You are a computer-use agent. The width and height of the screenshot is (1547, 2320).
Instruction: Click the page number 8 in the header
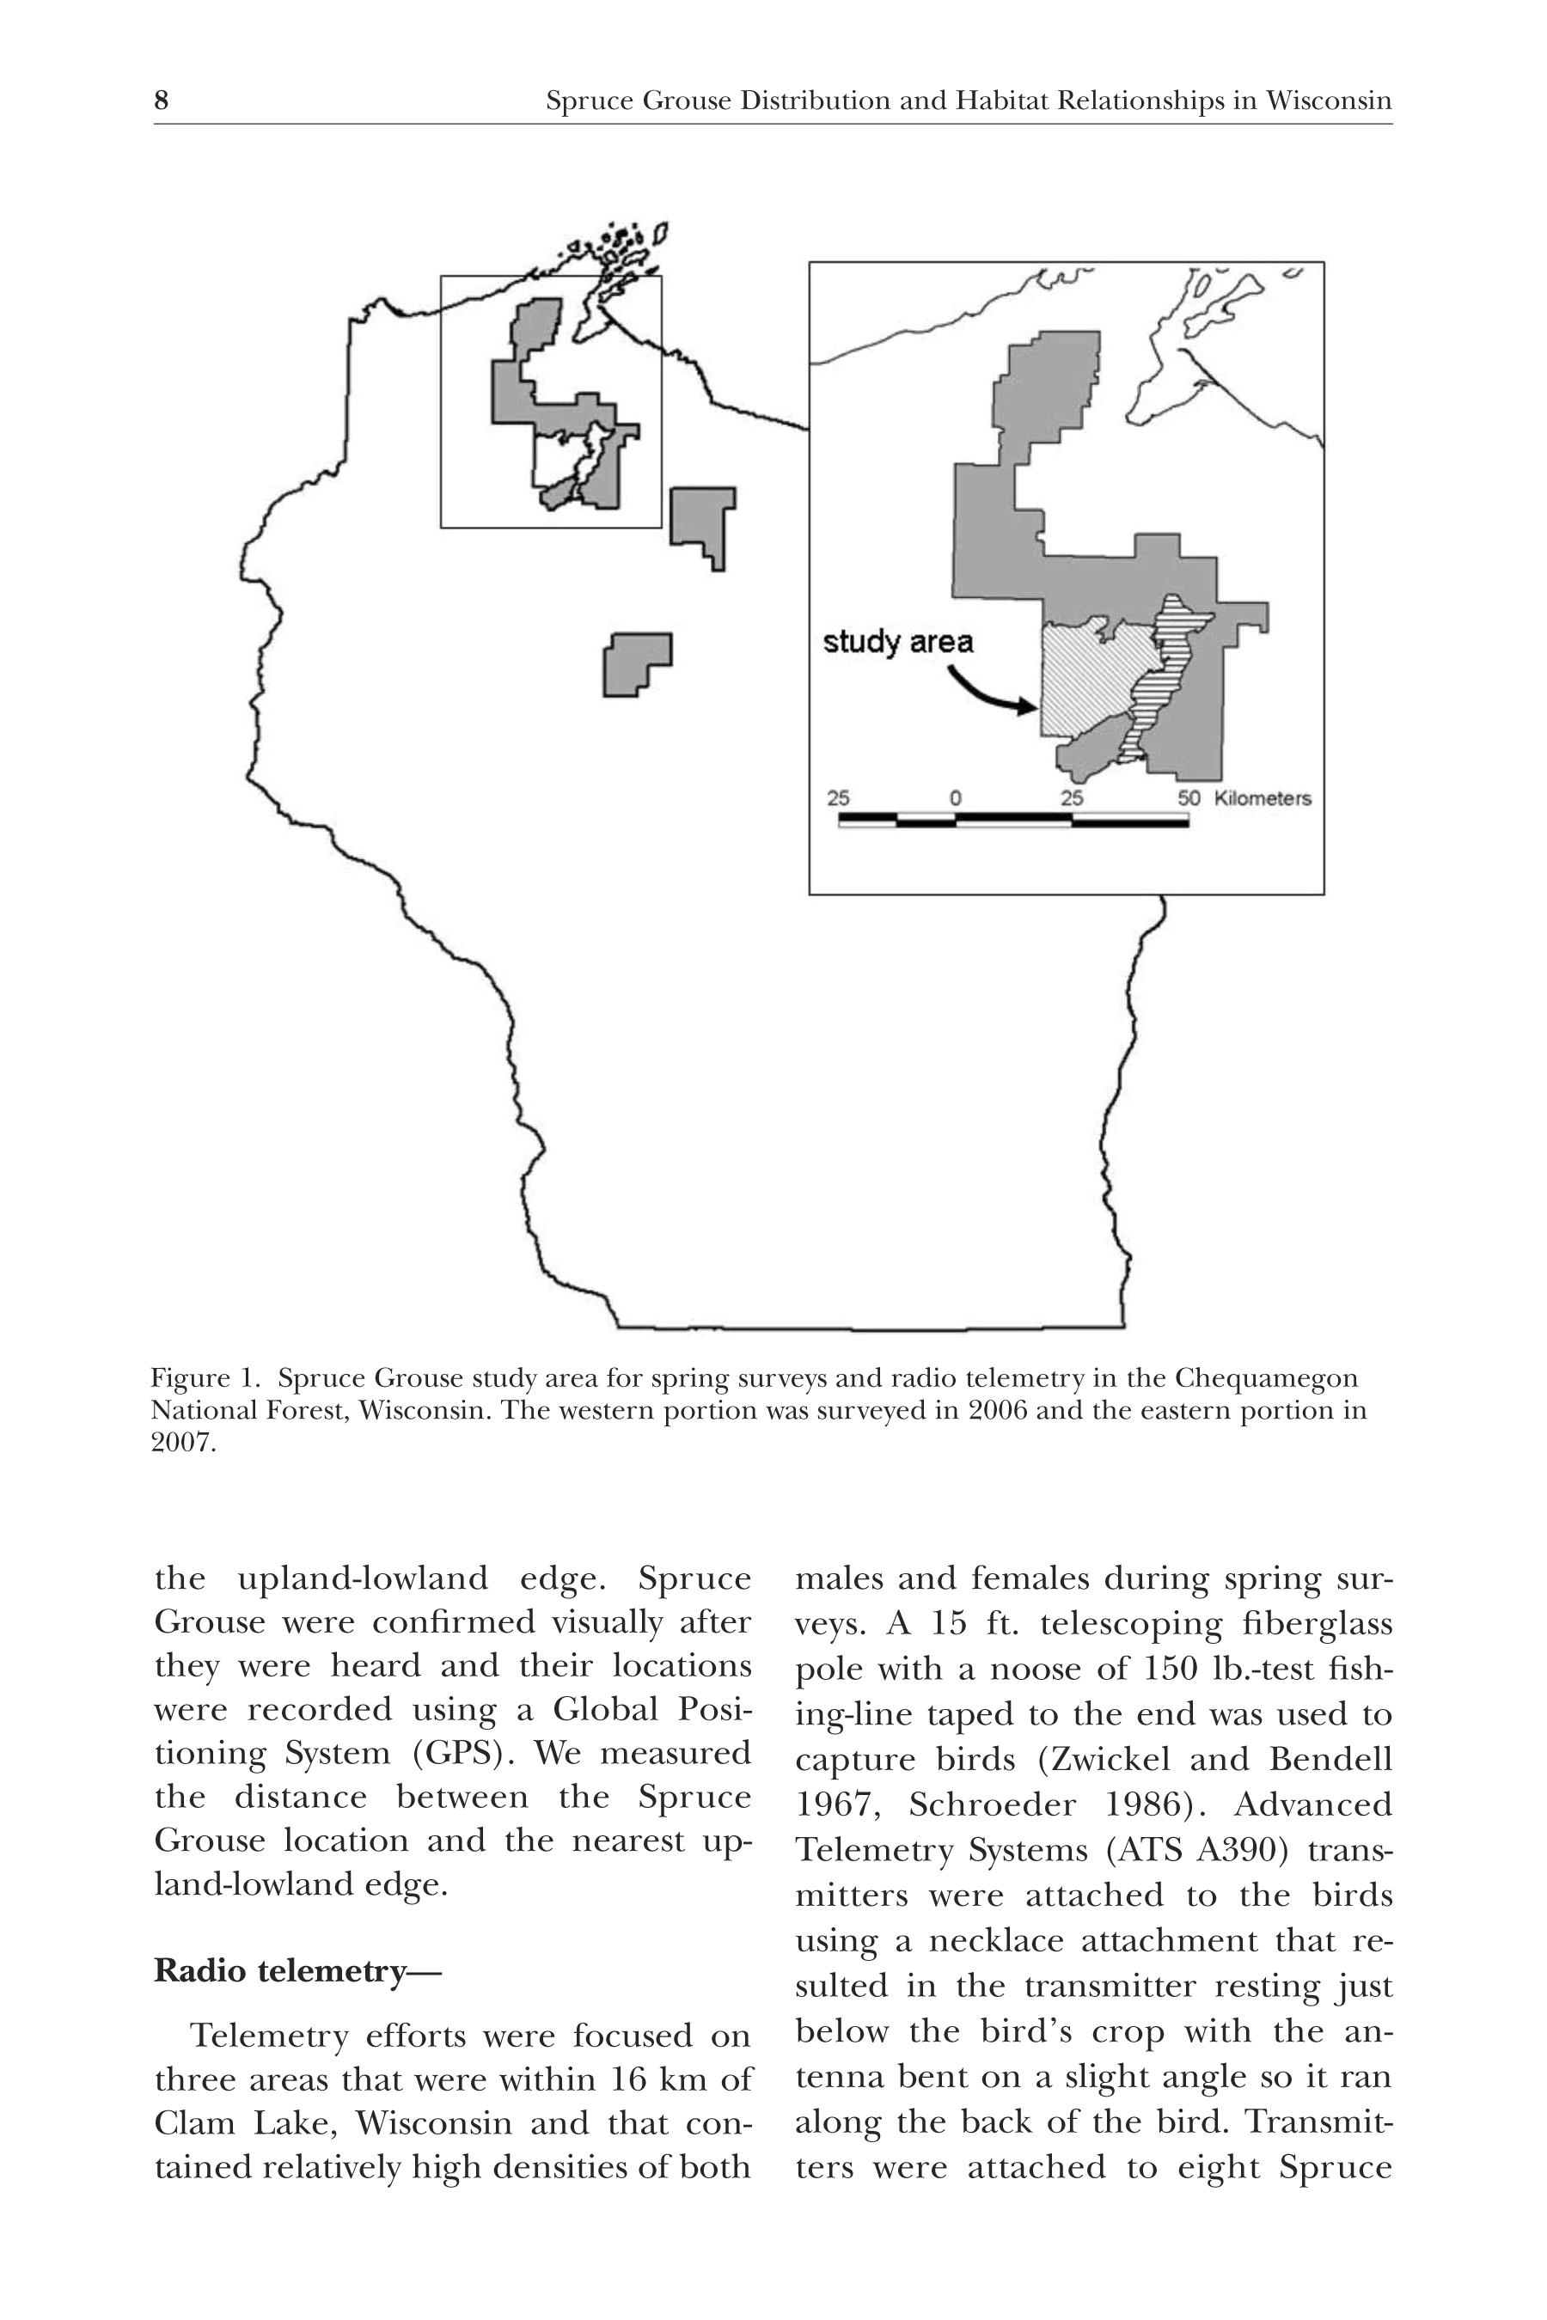click(162, 101)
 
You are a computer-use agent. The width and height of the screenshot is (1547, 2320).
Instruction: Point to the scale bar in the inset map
click(1013, 819)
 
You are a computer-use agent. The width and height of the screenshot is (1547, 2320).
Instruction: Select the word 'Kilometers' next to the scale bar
click(1262, 798)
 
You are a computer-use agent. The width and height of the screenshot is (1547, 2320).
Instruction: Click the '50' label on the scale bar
click(1189, 798)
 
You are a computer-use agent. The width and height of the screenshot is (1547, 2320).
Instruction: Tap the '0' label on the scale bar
click(955, 798)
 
